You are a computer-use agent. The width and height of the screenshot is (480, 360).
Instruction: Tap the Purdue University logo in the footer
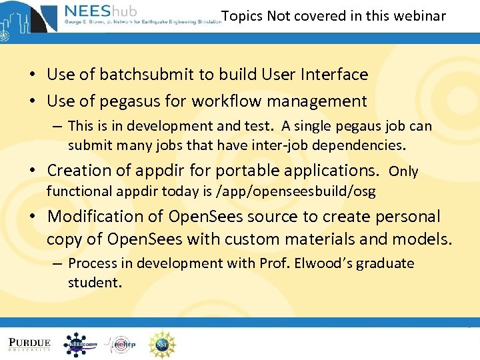tap(29, 344)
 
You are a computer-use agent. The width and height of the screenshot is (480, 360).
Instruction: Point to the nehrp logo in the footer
tap(121, 345)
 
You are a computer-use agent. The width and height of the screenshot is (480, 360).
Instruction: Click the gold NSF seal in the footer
tap(161, 344)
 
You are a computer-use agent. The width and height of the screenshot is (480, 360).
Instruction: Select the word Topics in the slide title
tap(242, 16)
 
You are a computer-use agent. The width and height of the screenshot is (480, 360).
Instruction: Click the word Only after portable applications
tap(403, 171)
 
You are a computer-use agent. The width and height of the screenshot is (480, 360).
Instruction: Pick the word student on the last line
tap(94, 282)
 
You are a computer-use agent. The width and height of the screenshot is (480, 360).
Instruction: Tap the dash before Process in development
tap(58, 264)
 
